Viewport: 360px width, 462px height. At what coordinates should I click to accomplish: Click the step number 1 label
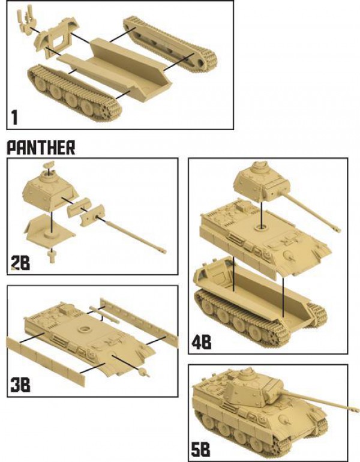coord(14,117)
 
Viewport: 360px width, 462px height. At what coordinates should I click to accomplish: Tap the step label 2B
coord(20,263)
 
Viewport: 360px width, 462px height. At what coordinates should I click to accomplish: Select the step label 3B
coord(20,385)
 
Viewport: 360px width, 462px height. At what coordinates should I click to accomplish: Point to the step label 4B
coord(202,343)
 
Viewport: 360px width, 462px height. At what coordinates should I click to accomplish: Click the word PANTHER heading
coord(41,148)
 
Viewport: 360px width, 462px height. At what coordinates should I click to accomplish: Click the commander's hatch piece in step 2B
coord(49,165)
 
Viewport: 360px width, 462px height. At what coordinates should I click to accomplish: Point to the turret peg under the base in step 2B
coord(52,256)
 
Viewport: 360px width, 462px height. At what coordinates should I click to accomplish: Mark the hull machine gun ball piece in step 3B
coord(143,372)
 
